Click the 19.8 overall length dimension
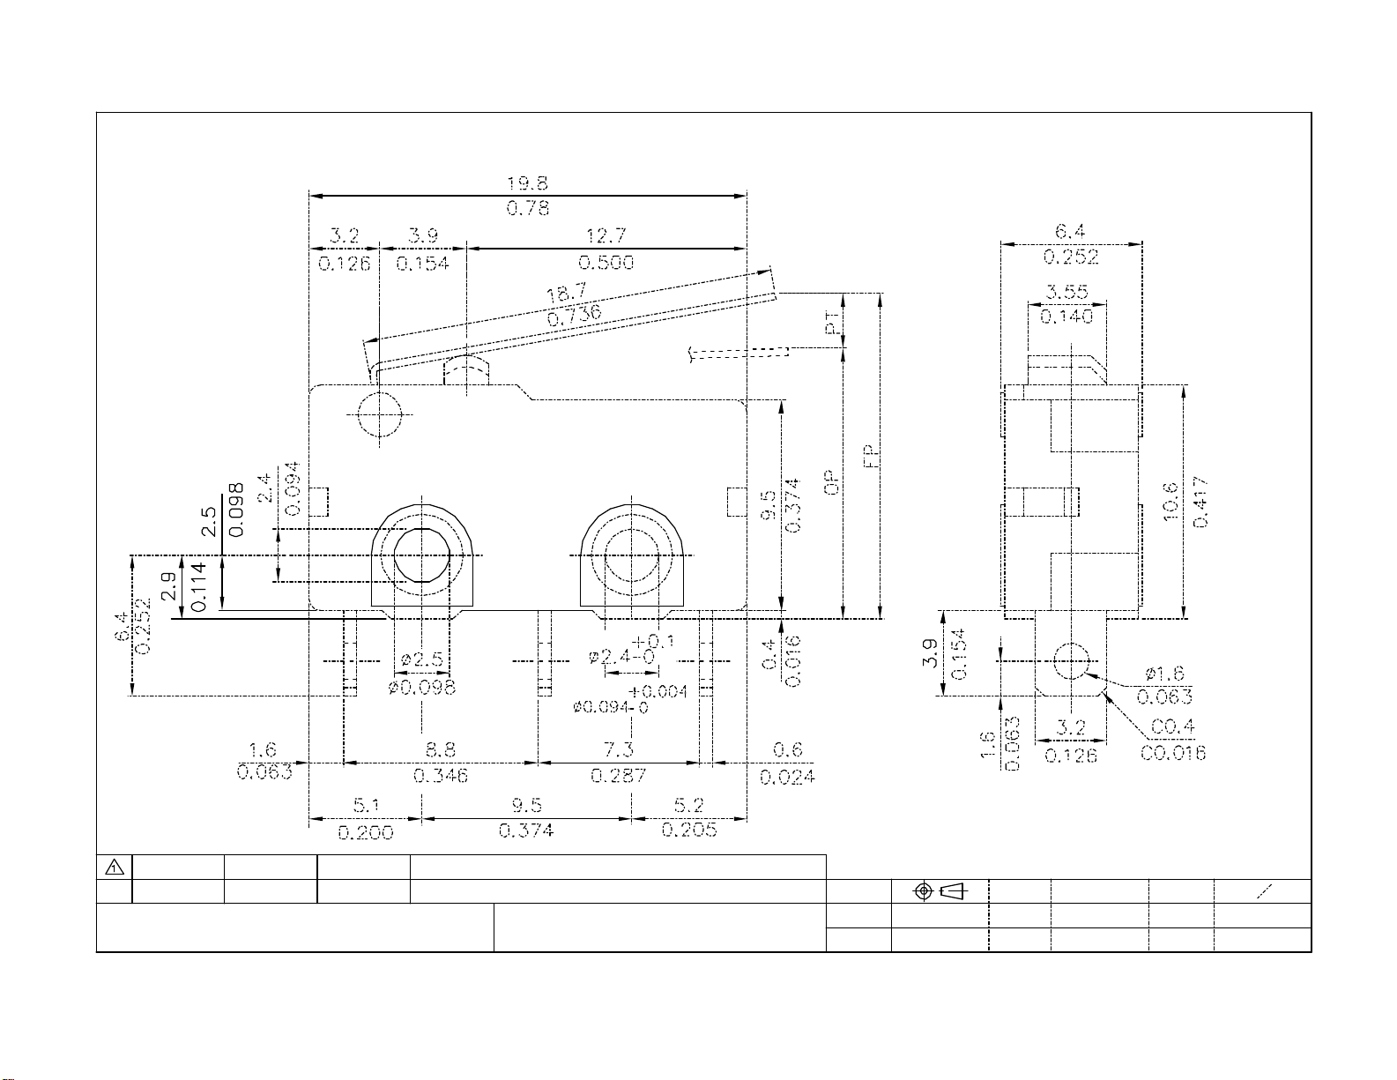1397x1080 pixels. click(x=527, y=184)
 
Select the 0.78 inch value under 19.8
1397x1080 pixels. click(x=527, y=208)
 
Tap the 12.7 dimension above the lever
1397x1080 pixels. click(x=606, y=236)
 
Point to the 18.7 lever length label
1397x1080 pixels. click(x=567, y=294)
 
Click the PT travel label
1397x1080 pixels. click(x=833, y=323)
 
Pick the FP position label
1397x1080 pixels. click(x=871, y=457)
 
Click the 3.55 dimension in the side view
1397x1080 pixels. click(x=1066, y=292)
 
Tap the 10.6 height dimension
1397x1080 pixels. click(x=1170, y=502)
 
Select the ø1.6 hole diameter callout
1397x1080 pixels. click(x=1164, y=674)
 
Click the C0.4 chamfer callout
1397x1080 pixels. click(x=1172, y=726)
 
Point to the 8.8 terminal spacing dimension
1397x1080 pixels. click(x=441, y=749)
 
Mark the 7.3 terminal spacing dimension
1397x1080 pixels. click(x=619, y=749)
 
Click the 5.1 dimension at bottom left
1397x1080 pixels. click(x=367, y=805)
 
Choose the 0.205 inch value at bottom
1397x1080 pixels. click(x=689, y=830)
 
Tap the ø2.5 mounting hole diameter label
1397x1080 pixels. click(x=421, y=659)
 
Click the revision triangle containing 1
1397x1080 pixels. click(x=115, y=868)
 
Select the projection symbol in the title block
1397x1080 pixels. click(x=940, y=891)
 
